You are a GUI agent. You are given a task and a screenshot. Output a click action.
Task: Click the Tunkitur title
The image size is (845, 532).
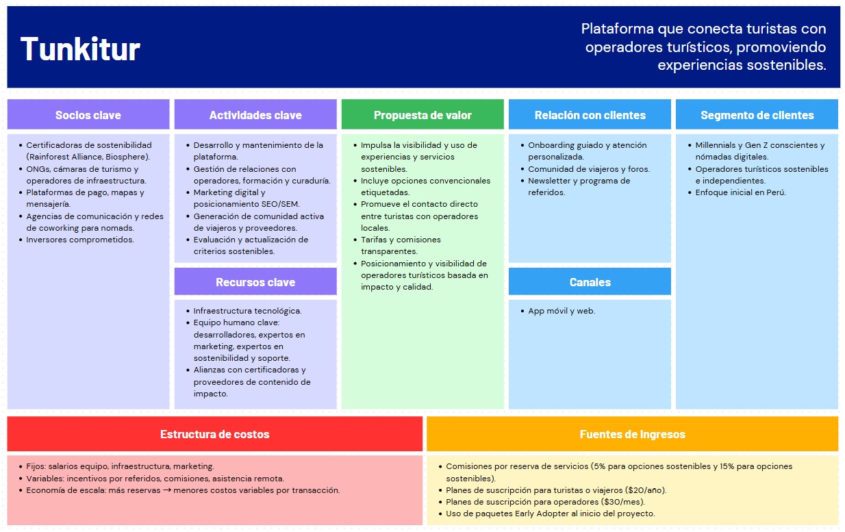coord(80,49)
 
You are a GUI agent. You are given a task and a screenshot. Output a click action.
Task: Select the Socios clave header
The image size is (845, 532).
coord(88,115)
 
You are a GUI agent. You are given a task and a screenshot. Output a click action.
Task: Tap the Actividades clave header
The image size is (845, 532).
coord(255,115)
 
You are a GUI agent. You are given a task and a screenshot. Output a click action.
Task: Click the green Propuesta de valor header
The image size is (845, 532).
coord(422,115)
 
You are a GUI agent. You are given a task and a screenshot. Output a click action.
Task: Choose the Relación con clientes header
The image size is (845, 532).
coord(590,115)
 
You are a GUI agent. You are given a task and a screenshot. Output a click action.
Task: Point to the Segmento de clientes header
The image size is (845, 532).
coord(757,115)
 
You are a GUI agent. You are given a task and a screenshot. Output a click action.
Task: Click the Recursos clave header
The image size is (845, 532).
coord(255,282)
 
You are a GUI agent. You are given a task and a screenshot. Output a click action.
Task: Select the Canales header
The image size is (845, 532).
coord(590,282)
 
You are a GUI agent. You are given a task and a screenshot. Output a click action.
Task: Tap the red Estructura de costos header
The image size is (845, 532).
coord(214,434)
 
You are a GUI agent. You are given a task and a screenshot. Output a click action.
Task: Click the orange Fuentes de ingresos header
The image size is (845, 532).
coord(632,434)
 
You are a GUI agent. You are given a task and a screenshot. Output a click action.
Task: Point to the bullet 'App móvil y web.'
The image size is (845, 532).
coord(562,311)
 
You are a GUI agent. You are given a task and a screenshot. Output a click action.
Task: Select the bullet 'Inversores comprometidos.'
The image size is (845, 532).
coord(80,240)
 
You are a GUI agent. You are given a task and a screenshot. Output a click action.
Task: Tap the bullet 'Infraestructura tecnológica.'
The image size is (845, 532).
coord(247,311)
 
